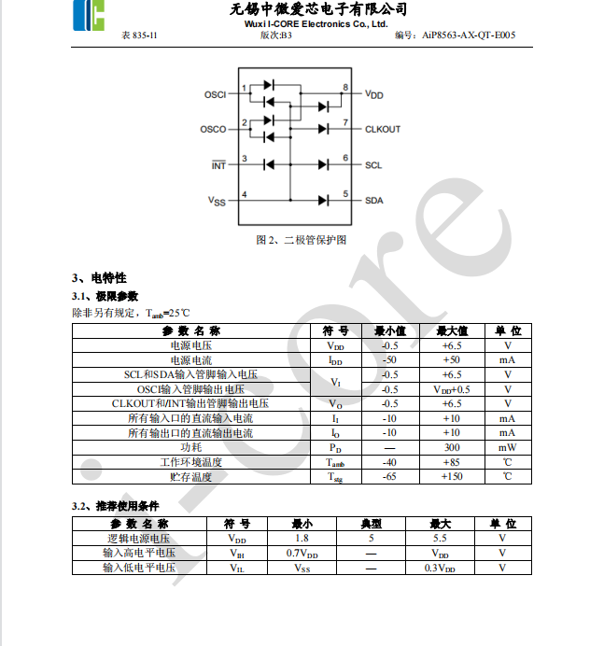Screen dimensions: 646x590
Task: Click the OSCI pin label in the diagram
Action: tap(215, 95)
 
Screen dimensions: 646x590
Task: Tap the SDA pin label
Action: tap(373, 200)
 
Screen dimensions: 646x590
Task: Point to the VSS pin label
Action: tap(217, 201)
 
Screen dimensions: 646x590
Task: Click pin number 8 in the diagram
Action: tap(345, 88)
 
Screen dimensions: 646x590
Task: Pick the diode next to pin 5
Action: tap(324, 200)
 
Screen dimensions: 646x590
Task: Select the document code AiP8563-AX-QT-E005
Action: tap(468, 35)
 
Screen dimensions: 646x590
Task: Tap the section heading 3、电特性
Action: tap(99, 278)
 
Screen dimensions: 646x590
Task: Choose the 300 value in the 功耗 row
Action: tap(452, 447)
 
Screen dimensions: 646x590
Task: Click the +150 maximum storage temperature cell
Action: tap(452, 476)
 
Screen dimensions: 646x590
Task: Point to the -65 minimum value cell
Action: tap(390, 476)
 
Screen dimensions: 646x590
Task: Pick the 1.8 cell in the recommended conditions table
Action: tap(302, 538)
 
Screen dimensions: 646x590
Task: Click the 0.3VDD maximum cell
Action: tap(440, 567)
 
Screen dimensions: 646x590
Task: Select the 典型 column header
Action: tap(371, 524)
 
